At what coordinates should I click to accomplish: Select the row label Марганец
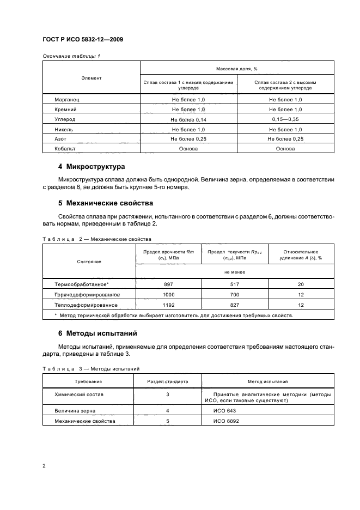(68, 101)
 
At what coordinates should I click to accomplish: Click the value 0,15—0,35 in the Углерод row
(285, 120)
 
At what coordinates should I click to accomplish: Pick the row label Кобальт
(65, 148)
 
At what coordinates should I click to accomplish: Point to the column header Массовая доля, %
(237, 69)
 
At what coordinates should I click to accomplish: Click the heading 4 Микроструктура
(91, 166)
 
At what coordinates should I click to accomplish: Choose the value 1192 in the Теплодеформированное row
(168, 305)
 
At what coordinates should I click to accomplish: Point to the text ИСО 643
(225, 411)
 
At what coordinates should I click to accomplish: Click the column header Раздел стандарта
(168, 382)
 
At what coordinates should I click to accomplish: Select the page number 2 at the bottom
(44, 466)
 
